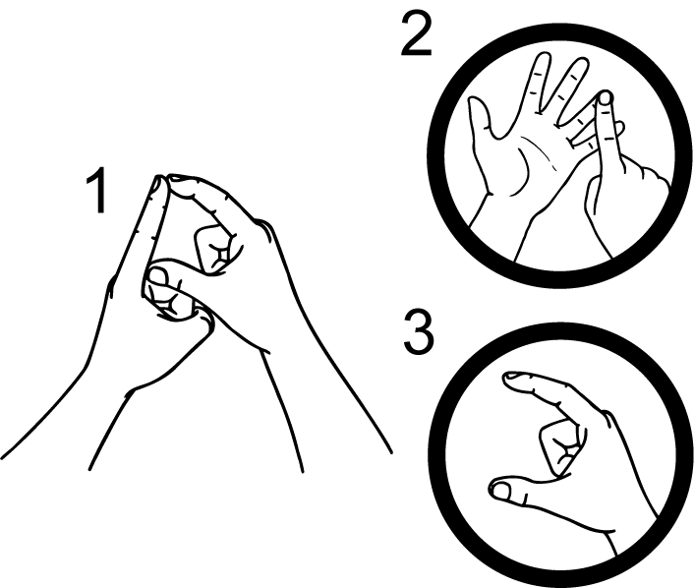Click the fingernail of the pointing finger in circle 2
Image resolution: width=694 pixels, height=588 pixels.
606,98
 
